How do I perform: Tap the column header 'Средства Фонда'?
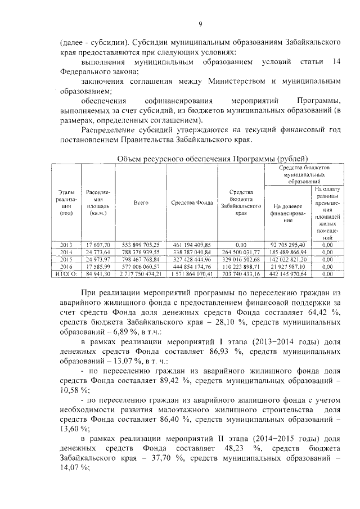[191, 202]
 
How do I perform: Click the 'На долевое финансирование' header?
[287, 213]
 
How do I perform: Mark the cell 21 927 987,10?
[287, 267]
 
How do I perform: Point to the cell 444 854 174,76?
[191, 267]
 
